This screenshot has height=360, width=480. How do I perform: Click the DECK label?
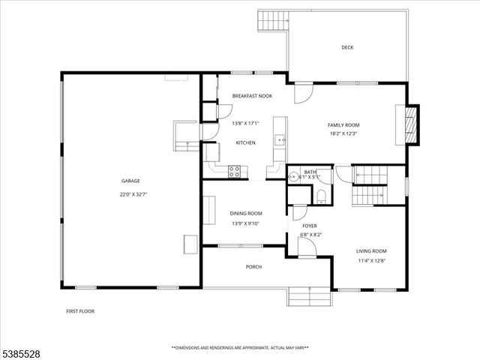pos(347,47)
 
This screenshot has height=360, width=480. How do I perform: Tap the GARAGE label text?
pos(130,181)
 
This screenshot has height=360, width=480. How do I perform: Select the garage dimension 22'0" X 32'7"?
pos(130,193)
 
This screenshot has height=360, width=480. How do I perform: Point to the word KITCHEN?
pos(246,142)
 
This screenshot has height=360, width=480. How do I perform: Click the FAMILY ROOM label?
pos(343,124)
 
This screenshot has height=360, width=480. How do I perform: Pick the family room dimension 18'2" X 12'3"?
pos(343,134)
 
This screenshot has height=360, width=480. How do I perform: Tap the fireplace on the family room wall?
pos(410,124)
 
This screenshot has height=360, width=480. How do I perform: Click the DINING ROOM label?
pos(245,214)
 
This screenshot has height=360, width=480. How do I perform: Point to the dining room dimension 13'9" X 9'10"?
pos(245,223)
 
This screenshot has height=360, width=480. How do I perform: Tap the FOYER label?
pos(309,226)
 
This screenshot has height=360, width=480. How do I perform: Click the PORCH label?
pos(253,266)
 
